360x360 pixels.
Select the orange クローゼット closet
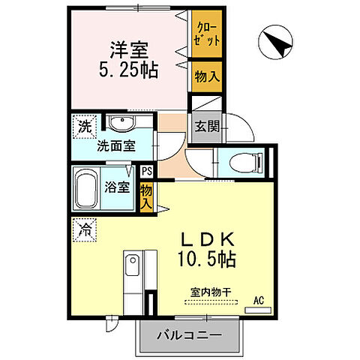(x=205, y=37)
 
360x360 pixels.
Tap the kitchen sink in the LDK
(x=132, y=268)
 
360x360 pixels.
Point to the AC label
(x=258, y=301)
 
